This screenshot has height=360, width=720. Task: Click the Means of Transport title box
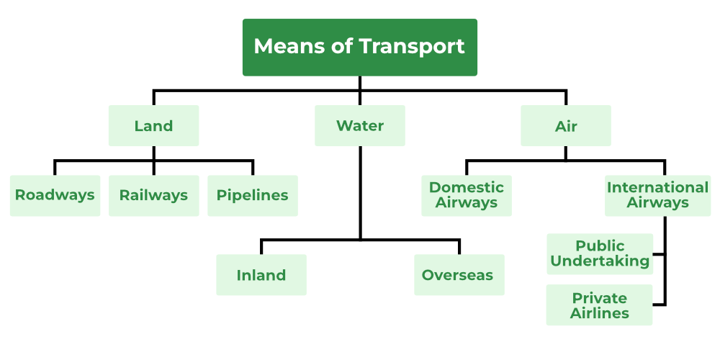359,48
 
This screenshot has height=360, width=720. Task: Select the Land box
153,126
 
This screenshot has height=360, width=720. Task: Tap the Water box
359,126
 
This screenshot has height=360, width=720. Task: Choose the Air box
566,126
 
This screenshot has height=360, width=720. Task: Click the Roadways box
55,195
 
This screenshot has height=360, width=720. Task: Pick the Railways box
153,195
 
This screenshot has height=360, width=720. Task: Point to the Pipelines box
252,195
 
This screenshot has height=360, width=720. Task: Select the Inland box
261,275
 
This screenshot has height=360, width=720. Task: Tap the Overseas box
459,275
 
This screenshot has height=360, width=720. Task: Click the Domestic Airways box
467,195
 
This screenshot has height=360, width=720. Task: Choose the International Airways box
657,195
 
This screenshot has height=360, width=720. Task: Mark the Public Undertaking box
600,253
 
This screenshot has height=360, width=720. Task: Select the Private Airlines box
600,305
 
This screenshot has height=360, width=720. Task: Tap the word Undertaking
600,261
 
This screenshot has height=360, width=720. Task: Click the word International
657,187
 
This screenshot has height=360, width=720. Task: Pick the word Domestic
467,187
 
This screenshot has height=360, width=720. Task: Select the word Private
600,297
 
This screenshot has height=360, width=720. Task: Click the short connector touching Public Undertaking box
658,254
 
